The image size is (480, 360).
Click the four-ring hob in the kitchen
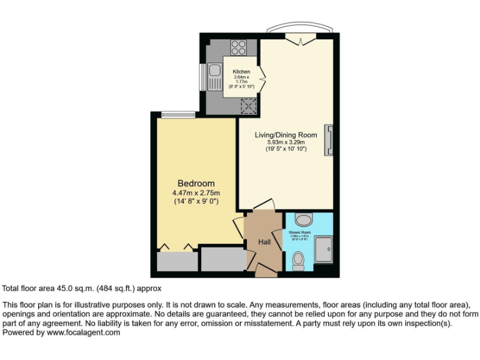239,47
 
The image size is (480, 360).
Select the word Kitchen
241,72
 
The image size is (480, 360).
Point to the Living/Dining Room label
286,135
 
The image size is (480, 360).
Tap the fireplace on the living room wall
329,140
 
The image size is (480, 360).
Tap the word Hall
264,241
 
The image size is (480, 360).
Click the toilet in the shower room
299,260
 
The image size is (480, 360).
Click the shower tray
324,249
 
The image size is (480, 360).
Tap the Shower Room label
299,232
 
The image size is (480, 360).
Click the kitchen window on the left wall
202,77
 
